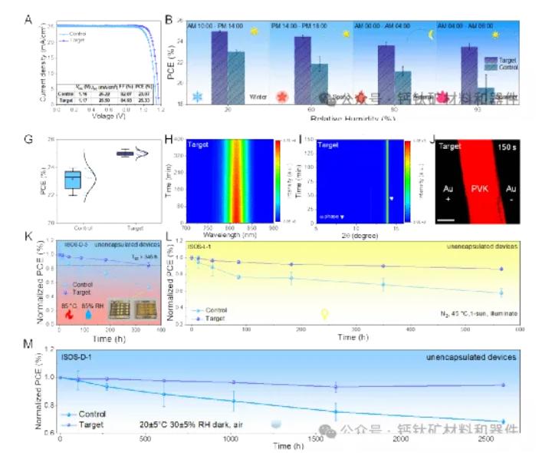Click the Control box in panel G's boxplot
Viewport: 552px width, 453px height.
tap(73, 179)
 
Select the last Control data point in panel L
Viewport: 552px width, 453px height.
tap(501, 293)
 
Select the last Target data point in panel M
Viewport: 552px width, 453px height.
tap(503, 385)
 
